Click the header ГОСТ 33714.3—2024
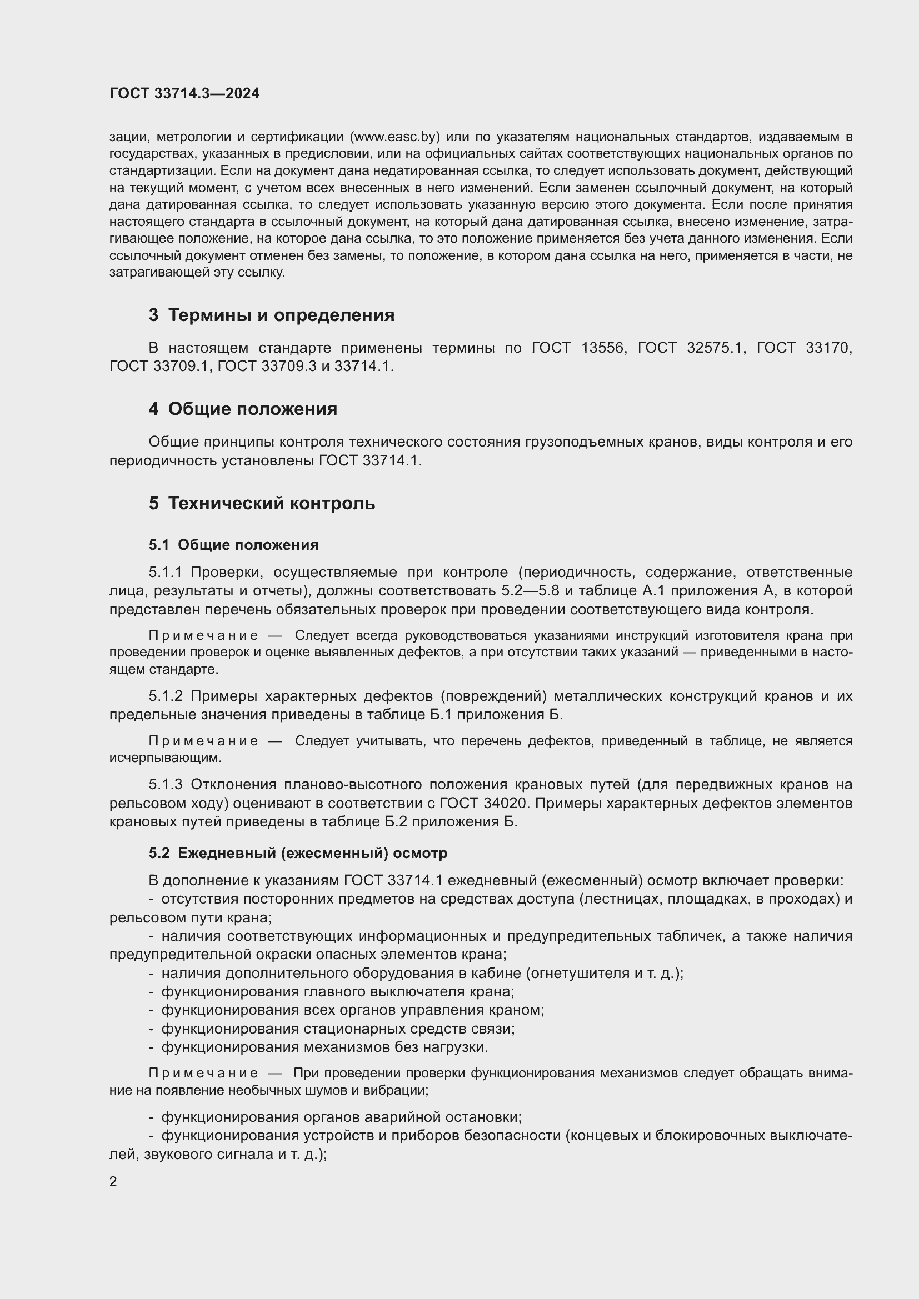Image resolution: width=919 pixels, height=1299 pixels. (x=184, y=93)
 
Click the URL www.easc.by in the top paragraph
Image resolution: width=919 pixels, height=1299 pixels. (x=394, y=137)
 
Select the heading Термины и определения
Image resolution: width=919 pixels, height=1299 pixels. (x=281, y=314)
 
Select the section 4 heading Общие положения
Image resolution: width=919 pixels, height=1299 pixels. (x=252, y=409)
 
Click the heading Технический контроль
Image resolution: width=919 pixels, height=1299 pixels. (x=272, y=503)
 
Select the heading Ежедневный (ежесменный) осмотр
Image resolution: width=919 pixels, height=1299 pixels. (x=312, y=852)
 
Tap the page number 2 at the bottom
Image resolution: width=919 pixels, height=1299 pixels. (x=113, y=1182)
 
